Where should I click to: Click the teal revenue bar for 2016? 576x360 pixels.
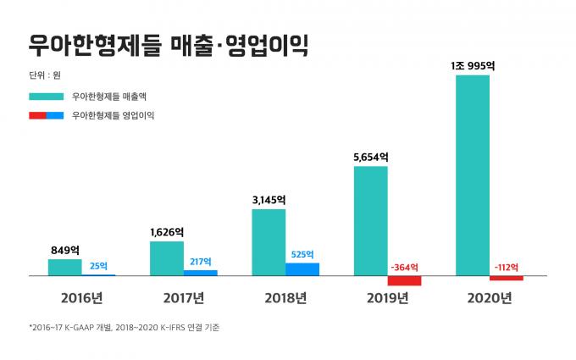(x=65, y=268)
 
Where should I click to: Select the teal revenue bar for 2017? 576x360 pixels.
(x=167, y=259)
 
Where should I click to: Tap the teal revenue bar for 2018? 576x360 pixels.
(x=269, y=242)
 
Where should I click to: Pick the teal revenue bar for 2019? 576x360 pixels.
(x=370, y=221)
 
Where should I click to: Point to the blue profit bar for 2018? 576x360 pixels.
(x=302, y=269)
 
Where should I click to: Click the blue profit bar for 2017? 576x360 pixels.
(x=201, y=273)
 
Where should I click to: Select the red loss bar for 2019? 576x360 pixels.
(x=404, y=280)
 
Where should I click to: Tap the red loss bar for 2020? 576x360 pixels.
(x=506, y=278)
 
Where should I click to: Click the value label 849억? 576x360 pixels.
(x=65, y=251)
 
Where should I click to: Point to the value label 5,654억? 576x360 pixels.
(x=370, y=157)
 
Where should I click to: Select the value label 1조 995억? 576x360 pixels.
(x=472, y=64)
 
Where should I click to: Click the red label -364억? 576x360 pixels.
(x=404, y=267)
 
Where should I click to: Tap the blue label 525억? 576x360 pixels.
(x=302, y=253)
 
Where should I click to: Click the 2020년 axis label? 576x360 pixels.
(x=489, y=298)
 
